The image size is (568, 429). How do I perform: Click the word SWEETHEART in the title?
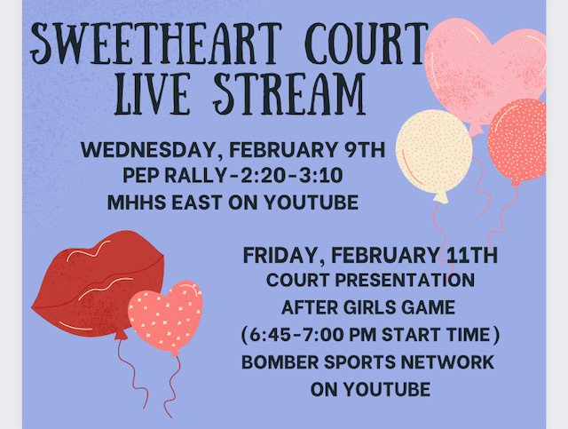(156, 44)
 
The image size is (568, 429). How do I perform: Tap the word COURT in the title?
(367, 44)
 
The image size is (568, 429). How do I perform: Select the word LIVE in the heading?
(152, 94)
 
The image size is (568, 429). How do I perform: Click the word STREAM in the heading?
(288, 94)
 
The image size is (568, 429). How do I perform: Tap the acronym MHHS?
(137, 203)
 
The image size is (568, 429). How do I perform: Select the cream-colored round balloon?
(434, 152)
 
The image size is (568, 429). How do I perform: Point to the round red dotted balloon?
(518, 139)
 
